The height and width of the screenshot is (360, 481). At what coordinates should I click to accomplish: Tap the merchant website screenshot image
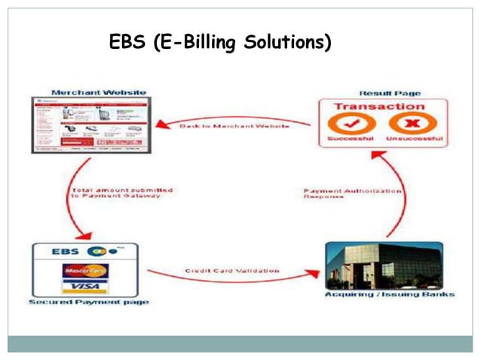pos(89,125)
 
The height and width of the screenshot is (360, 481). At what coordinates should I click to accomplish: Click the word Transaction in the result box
pos(379,107)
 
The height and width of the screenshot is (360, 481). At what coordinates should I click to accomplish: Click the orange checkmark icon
pos(346,124)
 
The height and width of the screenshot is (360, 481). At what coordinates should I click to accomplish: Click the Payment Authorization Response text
pos(351,195)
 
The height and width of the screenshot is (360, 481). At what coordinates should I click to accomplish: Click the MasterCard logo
pos(84,270)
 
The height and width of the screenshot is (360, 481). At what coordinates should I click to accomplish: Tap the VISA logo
pos(84,286)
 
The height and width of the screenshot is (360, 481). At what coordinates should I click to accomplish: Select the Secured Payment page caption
pos(88,302)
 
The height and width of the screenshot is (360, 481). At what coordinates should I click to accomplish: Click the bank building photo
pos(383,266)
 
